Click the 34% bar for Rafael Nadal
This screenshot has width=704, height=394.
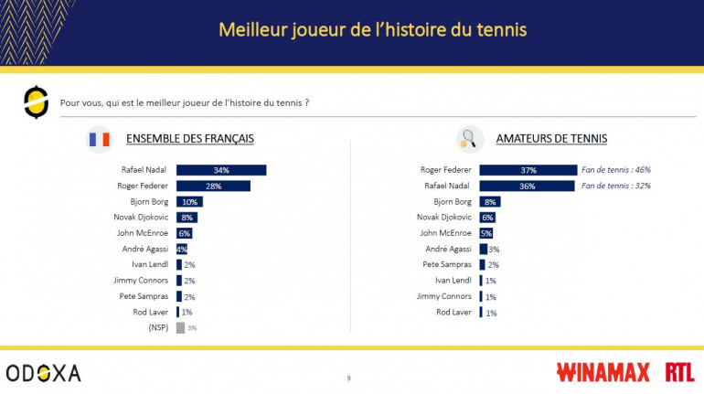pos(220,170)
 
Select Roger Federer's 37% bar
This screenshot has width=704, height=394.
pos(528,170)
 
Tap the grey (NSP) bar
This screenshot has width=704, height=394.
pos(180,327)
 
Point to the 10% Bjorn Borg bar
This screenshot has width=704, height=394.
pos(189,201)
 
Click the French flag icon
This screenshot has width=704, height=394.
pos(99,139)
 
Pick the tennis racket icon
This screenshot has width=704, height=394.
pos(469,139)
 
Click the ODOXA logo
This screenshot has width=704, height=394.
pos(43,373)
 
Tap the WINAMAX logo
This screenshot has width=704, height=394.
pos(603,372)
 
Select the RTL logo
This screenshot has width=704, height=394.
pos(679,372)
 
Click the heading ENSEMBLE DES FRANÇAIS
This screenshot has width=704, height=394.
pos(189,139)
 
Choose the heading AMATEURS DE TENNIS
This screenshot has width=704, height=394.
pos(551,139)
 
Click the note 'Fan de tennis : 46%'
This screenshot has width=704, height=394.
pos(616,170)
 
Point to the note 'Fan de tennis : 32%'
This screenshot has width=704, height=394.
pos(616,186)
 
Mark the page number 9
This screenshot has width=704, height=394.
pos(348,378)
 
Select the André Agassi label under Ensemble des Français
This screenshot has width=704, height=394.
pos(144,249)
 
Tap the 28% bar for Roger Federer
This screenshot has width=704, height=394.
pos(213,186)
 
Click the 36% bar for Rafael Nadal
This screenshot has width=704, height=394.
pos(527,186)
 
